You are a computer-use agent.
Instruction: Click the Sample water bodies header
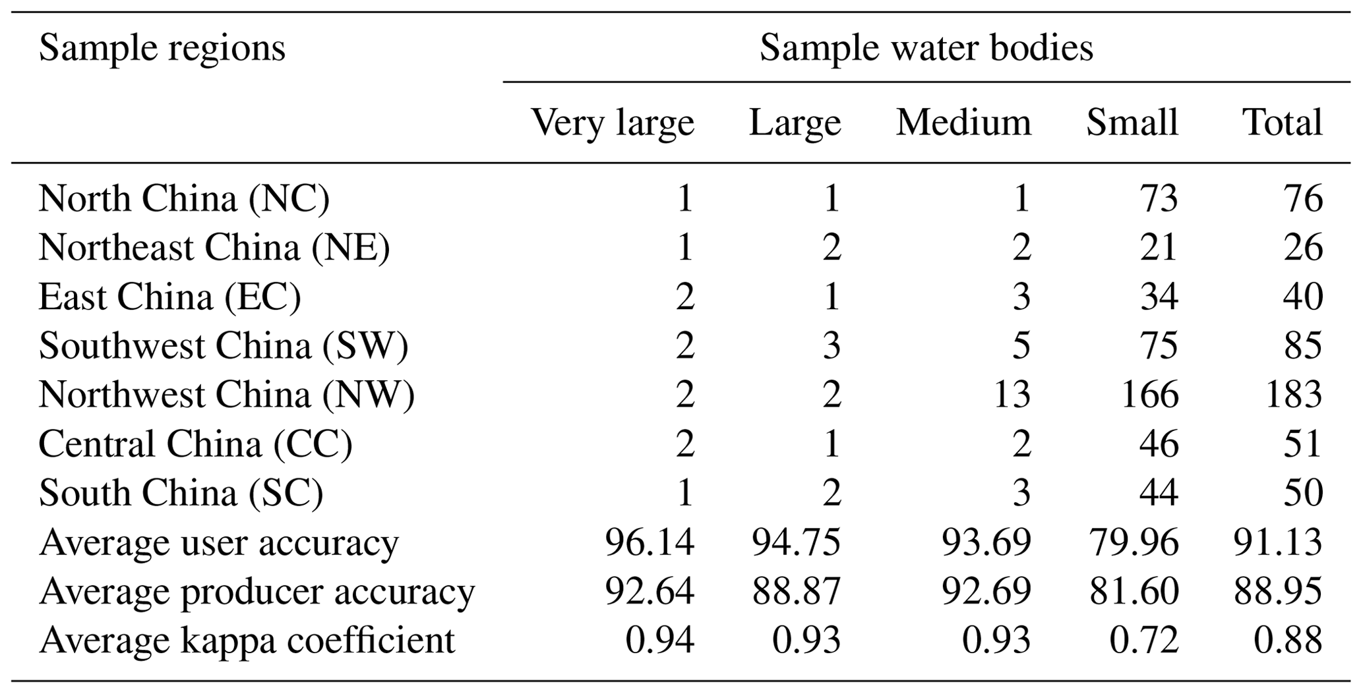point(926,48)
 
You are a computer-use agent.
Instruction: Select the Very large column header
point(613,123)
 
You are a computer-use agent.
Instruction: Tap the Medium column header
point(963,123)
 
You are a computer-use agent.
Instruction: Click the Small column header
point(1132,123)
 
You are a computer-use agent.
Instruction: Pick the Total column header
point(1282,123)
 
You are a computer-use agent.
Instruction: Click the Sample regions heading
point(162,48)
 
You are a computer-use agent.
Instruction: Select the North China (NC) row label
point(184,198)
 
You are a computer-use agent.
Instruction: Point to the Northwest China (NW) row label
point(226,395)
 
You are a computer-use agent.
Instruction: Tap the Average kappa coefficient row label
point(247,640)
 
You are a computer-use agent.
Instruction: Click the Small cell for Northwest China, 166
point(1150,395)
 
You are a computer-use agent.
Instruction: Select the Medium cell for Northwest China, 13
point(1012,395)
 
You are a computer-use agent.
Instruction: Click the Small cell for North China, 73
point(1159,198)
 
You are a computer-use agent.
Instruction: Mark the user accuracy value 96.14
point(650,542)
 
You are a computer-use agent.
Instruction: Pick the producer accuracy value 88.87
point(797,591)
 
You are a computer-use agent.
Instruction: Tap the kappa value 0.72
point(1143,640)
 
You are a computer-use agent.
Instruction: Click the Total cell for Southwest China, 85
point(1303,346)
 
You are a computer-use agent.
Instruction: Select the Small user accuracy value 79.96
point(1134,542)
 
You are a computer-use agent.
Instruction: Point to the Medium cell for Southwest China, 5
point(1021,346)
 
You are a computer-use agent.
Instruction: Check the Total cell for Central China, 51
point(1303,444)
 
